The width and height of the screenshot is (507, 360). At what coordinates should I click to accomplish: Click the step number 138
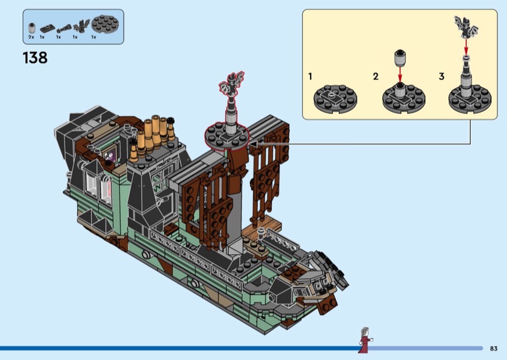pos(35,58)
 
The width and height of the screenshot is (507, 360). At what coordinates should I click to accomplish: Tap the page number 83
pos(494,349)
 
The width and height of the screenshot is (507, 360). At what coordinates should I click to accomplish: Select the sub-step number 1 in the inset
pos(311,76)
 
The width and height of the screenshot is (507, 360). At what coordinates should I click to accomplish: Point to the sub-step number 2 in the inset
pos(375,76)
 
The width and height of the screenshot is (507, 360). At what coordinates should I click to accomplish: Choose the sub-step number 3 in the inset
pos(442,76)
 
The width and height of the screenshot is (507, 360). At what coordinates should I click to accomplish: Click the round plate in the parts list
pos(105,24)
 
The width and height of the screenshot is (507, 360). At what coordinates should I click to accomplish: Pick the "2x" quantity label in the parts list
pos(31,37)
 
